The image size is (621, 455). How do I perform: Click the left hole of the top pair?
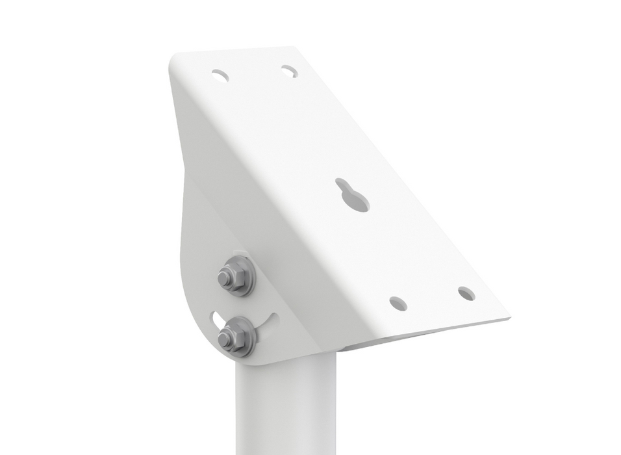pyautogui.click(x=220, y=75)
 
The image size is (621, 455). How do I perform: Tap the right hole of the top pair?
pyautogui.click(x=289, y=71)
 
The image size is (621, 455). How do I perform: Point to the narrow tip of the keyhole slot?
pyautogui.click(x=342, y=184)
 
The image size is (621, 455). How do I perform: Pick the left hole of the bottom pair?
pyautogui.click(x=398, y=303)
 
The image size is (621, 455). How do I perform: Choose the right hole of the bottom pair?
pyautogui.click(x=466, y=293)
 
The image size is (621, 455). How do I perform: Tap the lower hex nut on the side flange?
pyautogui.click(x=230, y=337)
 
